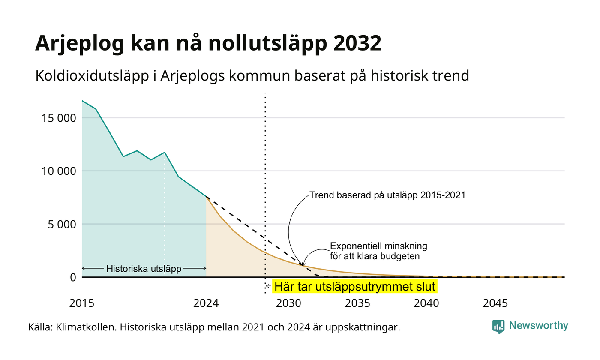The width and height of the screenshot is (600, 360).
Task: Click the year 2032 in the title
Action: pyautogui.click(x=357, y=43)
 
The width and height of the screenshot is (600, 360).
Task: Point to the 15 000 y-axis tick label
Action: pyautogui.click(x=59, y=118)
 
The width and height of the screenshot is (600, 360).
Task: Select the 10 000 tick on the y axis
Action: pyautogui.click(x=59, y=171)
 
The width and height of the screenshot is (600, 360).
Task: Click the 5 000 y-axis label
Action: pyautogui.click(x=62, y=224)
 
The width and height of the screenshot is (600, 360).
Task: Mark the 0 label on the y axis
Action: pyautogui.click(x=73, y=277)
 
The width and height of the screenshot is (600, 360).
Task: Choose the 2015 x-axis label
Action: pyautogui.click(x=82, y=303)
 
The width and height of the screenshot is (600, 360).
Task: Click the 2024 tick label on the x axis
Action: pyautogui.click(x=206, y=303)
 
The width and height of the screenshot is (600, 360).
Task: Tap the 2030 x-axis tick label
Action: pyautogui.click(x=289, y=303)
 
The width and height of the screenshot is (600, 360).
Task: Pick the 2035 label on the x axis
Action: pyautogui.click(x=357, y=303)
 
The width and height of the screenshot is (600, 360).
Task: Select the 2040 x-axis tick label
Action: pyautogui.click(x=426, y=303)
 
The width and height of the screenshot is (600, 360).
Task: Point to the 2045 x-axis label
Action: pyautogui.click(x=495, y=303)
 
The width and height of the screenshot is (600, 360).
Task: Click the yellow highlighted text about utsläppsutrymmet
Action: pyautogui.click(x=355, y=287)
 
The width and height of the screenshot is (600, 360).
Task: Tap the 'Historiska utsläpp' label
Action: pyautogui.click(x=144, y=268)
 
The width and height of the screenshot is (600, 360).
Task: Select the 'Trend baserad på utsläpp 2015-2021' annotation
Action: pyautogui.click(x=387, y=195)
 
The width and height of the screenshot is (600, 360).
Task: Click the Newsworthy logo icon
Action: pyautogui.click(x=498, y=327)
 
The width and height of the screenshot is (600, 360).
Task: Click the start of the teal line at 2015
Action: pyautogui.click(x=82, y=101)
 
